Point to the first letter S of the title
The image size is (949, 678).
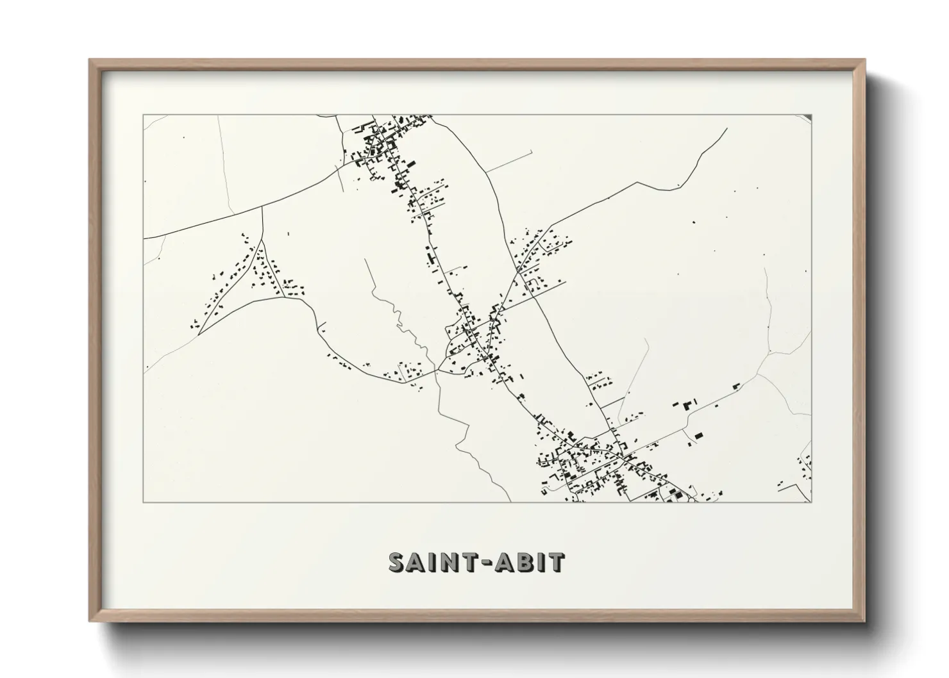(398, 561)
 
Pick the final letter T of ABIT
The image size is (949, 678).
(557, 561)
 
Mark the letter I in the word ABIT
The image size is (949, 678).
(542, 561)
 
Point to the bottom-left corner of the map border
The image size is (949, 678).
(144, 501)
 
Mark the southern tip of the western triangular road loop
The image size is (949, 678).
(199, 334)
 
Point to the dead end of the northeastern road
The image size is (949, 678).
(726, 129)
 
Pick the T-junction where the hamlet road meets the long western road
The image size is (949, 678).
(264, 206)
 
